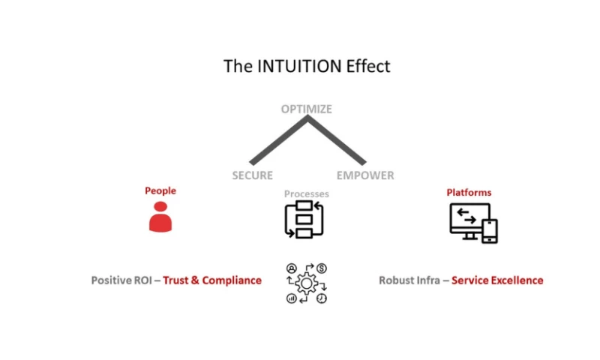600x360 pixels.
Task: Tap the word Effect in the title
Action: point(367,66)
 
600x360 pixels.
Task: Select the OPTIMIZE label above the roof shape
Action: point(306,109)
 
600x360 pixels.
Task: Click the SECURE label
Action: point(252,175)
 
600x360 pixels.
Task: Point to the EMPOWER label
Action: point(365,175)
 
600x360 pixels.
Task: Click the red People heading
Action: point(160,190)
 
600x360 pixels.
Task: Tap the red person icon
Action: point(160,216)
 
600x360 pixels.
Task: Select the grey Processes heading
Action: point(306,193)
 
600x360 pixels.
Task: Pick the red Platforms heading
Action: point(469,193)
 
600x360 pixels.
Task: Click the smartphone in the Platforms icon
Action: point(489,231)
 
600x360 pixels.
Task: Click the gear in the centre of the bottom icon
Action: point(306,283)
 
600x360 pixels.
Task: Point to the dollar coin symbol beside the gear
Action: point(321,268)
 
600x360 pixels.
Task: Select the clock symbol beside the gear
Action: point(321,298)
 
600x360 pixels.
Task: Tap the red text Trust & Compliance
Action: point(212,280)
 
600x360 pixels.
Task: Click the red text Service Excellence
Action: point(497,280)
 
